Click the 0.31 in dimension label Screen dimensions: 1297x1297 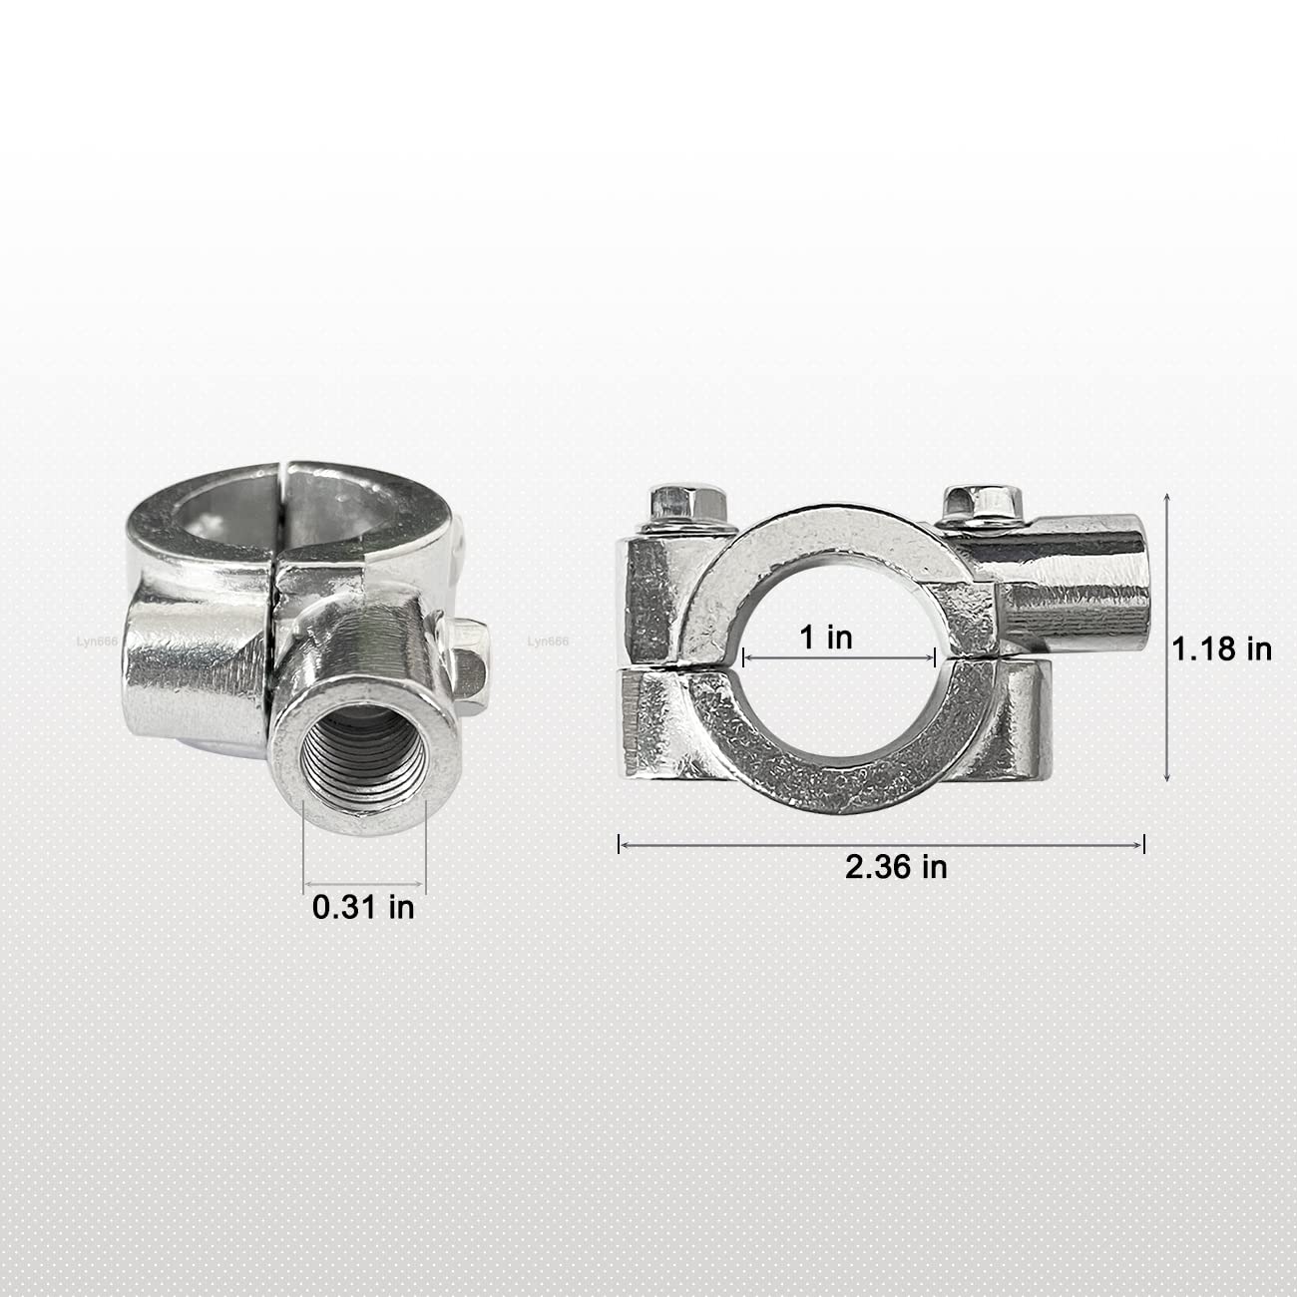click(x=363, y=907)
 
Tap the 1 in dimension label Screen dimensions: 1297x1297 click(x=827, y=638)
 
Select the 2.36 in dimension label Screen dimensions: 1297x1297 click(x=896, y=867)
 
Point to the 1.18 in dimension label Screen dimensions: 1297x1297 click(x=1221, y=649)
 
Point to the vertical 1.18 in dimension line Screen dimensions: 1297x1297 click(x=1167, y=639)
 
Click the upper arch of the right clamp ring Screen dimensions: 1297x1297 click(x=838, y=539)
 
